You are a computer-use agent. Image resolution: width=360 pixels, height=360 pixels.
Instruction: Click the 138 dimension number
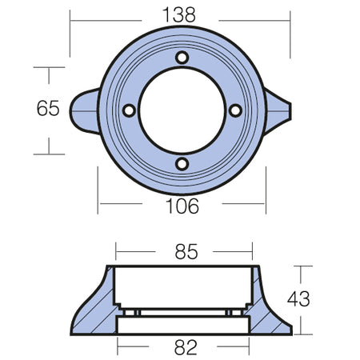[179, 15]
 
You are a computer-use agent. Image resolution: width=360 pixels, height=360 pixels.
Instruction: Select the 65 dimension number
[48, 108]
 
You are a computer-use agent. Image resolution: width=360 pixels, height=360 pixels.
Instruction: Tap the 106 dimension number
[182, 206]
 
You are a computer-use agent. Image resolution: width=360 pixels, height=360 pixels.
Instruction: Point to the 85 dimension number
[186, 251]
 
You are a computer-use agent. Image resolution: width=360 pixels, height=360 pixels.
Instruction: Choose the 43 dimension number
[298, 298]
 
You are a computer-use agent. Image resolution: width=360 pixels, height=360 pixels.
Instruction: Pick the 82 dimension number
[186, 347]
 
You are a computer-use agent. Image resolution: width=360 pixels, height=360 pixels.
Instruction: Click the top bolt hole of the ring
[182, 58]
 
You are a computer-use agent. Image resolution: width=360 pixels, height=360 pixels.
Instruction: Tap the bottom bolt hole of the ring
[182, 164]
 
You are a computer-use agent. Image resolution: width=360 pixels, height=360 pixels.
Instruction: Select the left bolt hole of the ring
[129, 110]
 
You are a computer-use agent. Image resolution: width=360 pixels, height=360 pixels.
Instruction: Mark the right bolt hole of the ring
[235, 110]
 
